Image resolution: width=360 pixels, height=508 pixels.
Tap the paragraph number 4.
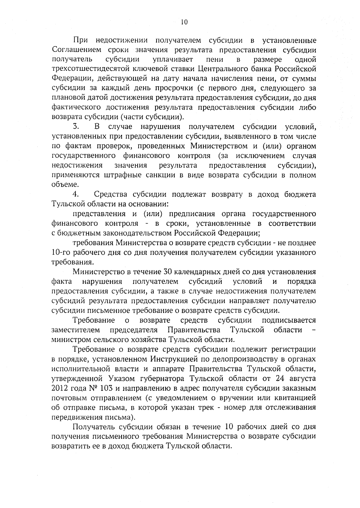(x=75, y=194)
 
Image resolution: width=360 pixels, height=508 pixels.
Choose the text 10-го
(x=61, y=252)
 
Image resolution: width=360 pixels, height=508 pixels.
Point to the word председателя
(x=134, y=330)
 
